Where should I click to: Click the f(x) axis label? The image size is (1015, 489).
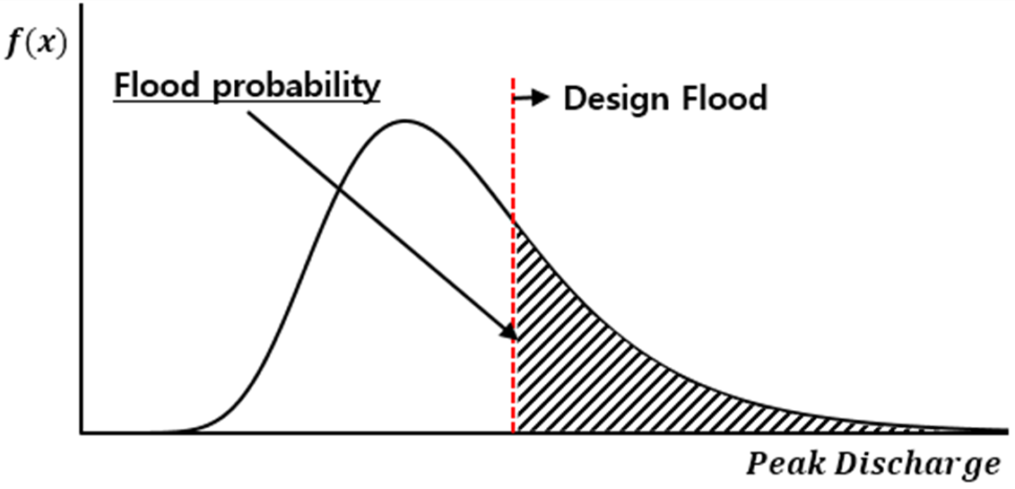(36, 45)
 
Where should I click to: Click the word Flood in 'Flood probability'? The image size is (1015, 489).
(150, 85)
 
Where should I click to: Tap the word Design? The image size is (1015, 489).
(612, 99)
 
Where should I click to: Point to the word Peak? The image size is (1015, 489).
(780, 464)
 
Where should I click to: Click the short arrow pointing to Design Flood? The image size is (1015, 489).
(530, 98)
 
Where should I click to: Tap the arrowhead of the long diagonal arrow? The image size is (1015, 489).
(508, 330)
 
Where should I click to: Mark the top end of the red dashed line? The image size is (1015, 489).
(513, 79)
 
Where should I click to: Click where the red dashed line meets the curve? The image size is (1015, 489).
(513, 220)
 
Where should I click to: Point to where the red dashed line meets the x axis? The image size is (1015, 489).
(513, 432)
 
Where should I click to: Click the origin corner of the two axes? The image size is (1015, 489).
(82, 432)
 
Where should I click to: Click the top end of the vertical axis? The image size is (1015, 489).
(82, 4)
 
